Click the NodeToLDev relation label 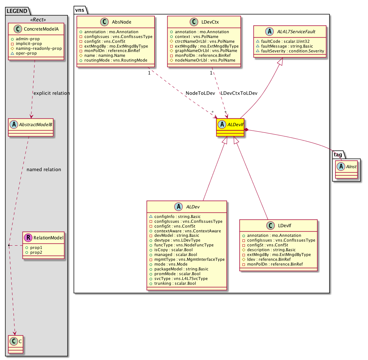point(200,93)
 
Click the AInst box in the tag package point(347,169)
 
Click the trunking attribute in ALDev point(172,284)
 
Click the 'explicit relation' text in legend point(51,93)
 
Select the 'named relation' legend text point(44,169)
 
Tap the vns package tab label point(80,10)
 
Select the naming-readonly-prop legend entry point(38,48)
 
